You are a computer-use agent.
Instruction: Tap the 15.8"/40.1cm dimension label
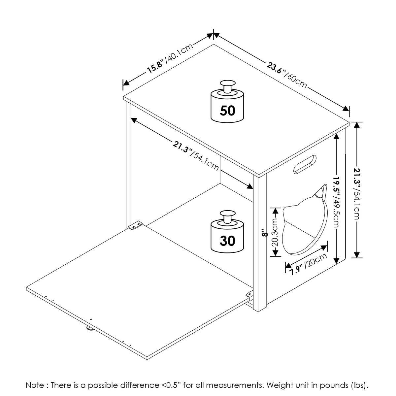pyautogui.click(x=170, y=58)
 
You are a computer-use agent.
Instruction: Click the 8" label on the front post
pyautogui.click(x=263, y=233)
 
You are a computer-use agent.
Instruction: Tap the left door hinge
pyautogui.click(x=135, y=227)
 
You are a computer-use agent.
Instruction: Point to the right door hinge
pyautogui.click(x=249, y=294)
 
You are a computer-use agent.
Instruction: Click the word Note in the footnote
pyautogui.click(x=34, y=385)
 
